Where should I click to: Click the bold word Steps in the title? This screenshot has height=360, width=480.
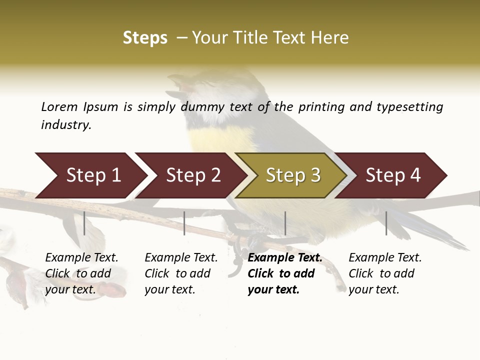click(145, 38)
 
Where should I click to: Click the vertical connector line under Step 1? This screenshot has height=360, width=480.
click(84, 223)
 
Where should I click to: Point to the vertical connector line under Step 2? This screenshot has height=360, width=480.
click(184, 223)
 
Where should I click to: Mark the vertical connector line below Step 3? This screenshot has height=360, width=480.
click(285, 223)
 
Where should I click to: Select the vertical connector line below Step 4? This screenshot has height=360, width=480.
click(386, 223)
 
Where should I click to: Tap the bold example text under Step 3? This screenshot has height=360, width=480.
click(284, 273)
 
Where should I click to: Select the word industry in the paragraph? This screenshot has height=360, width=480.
click(66, 125)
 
